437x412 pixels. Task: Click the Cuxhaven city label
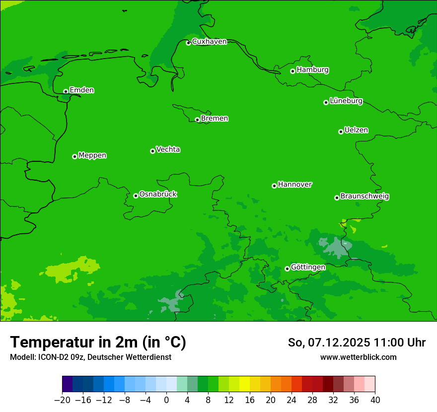tap(209, 42)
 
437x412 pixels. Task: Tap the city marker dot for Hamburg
tap(292, 71)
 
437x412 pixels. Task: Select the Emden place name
tap(81, 90)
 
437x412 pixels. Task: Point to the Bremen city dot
tap(197, 120)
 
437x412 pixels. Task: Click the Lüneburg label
tap(346, 101)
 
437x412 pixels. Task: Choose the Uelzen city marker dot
tap(341, 132)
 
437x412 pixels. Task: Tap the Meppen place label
tap(92, 155)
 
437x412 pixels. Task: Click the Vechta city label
tap(168, 149)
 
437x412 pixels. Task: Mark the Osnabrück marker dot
tap(136, 196)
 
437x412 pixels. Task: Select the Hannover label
tap(295, 185)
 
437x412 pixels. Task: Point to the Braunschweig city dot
tap(337, 198)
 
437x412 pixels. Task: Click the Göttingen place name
tap(308, 267)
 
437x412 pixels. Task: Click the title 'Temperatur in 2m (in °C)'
tap(98, 343)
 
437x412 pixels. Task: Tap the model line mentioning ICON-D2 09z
tap(90, 357)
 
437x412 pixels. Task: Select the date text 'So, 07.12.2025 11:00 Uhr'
tap(357, 343)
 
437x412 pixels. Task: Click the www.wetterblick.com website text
tap(358, 357)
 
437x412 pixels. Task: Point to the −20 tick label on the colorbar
tap(62, 400)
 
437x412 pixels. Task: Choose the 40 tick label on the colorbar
tap(375, 400)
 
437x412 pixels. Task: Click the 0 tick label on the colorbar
tap(166, 400)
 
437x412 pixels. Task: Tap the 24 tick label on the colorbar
tap(291, 400)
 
